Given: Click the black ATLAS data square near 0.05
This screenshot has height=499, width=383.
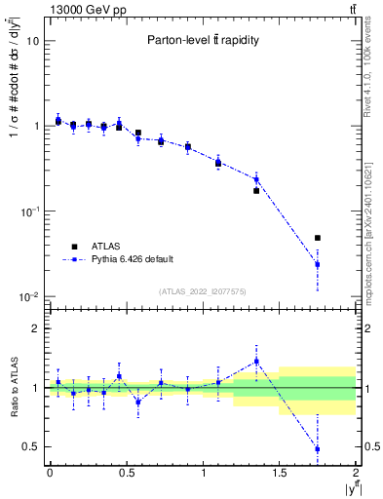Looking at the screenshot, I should [x=58, y=121].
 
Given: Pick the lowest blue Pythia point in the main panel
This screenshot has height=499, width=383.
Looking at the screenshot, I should [x=317, y=264].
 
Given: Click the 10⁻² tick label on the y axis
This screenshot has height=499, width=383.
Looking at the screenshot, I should [x=29, y=296].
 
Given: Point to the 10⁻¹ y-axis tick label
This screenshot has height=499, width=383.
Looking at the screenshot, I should [x=29, y=211].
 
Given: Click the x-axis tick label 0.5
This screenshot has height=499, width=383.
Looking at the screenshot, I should [x=126, y=474].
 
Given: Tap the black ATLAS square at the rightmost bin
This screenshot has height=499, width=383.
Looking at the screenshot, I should [x=317, y=238].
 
